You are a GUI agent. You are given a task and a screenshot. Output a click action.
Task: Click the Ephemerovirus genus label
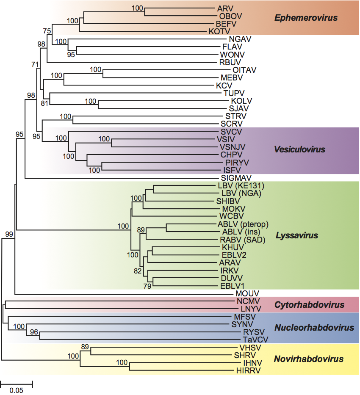[x=306, y=18]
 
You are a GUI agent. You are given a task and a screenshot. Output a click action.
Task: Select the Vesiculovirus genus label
[x=300, y=149]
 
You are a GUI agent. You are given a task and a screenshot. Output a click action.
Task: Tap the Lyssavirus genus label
[x=296, y=235]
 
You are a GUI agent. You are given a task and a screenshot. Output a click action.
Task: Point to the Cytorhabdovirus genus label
[x=310, y=304]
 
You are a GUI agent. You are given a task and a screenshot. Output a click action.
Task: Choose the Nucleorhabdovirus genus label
[x=314, y=328]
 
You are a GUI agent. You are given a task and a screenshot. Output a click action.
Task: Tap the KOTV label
[x=219, y=31]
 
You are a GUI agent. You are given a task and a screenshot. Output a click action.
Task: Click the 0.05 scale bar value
[x=16, y=390]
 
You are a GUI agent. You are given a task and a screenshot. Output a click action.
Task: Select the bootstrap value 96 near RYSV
[x=34, y=332]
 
